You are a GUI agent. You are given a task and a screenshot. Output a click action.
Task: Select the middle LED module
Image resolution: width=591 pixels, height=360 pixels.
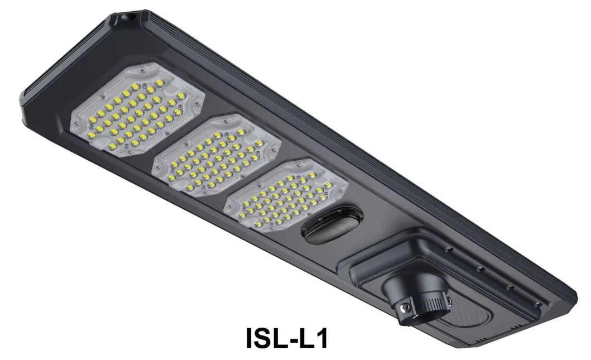pyautogui.click(x=216, y=154)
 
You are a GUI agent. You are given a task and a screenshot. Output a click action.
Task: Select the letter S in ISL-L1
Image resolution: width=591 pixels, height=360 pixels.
pyautogui.click(x=267, y=339)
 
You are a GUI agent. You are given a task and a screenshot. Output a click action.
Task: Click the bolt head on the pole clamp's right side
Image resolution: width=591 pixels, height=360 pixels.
pyautogui.click(x=447, y=301)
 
